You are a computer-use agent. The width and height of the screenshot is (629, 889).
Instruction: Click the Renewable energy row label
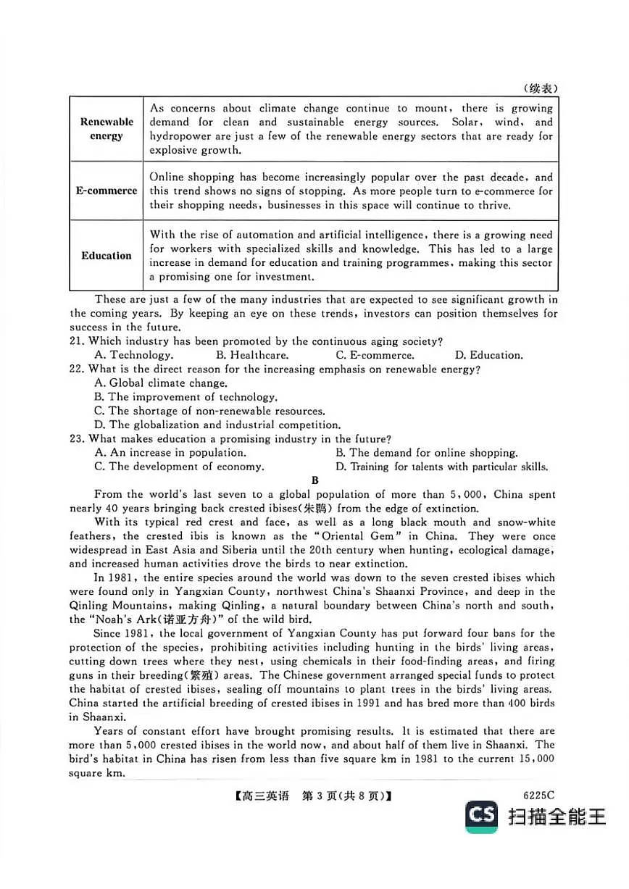tap(107, 129)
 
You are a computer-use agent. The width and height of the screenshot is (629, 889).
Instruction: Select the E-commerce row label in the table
tap(107, 191)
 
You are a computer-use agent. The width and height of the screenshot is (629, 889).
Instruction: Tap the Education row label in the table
tap(107, 256)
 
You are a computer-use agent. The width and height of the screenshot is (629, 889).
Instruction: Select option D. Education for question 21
tap(488, 355)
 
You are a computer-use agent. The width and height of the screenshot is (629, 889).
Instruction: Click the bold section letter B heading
tap(314, 480)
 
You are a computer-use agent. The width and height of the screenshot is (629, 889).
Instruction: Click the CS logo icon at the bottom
tap(482, 816)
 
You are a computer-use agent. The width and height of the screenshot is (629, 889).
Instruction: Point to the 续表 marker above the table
tap(541, 88)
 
